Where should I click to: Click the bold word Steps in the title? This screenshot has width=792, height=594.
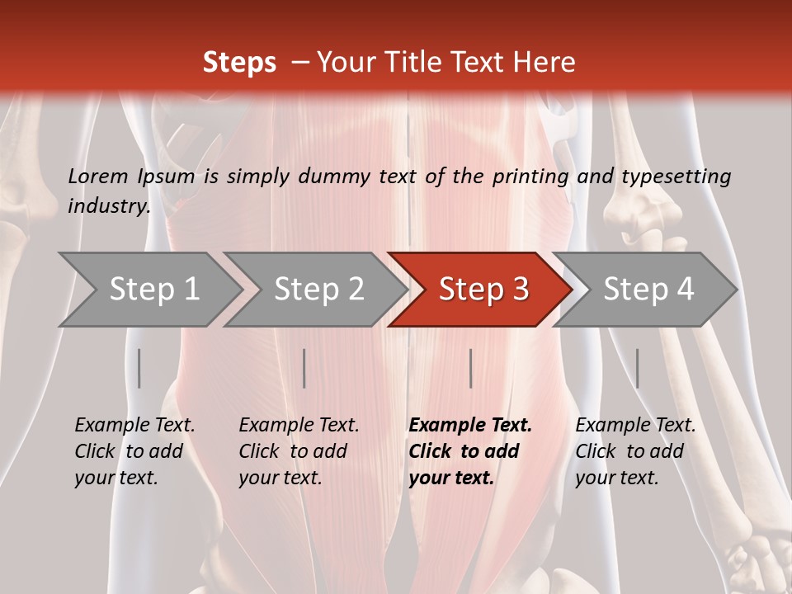coord(239,63)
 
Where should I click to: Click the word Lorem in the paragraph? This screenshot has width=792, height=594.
coord(97,176)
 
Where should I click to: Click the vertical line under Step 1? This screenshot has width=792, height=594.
coord(139,368)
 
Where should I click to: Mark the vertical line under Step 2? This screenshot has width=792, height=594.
coord(304,368)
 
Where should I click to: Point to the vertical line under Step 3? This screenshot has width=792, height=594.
coord(470,368)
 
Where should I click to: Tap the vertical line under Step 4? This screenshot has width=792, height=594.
coord(637,368)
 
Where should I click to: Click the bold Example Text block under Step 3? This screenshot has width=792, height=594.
coord(470,451)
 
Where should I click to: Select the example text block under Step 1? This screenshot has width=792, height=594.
coord(134,451)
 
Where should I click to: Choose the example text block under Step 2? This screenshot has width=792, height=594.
coord(299,451)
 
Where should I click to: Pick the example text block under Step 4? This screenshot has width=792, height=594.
coord(635,451)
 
